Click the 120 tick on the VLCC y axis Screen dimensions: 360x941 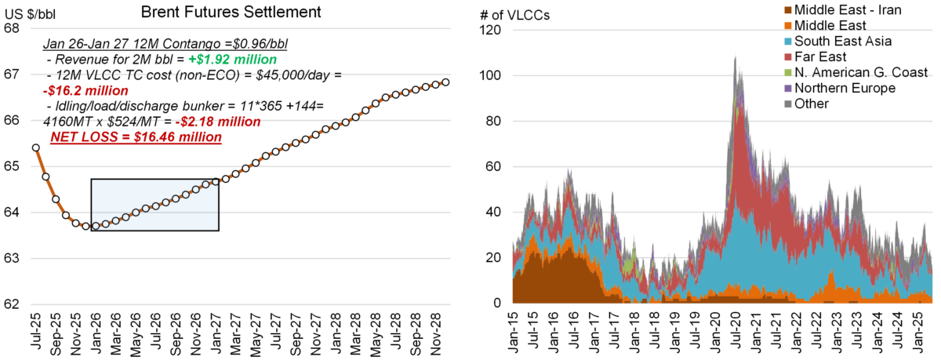(490, 31)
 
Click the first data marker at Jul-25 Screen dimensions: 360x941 (36, 147)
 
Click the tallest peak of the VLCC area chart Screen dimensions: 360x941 (735, 56)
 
